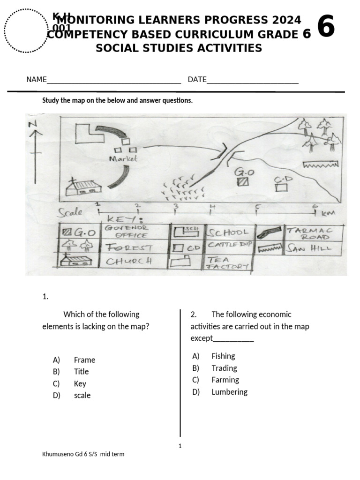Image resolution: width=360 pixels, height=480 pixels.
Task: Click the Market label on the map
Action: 123,159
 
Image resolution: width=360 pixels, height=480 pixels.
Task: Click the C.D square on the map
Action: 281,187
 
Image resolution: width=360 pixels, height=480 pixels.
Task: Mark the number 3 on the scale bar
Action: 176,206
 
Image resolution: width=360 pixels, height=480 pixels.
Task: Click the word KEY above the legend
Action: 122,219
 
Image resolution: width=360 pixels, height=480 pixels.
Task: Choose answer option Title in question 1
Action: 81,372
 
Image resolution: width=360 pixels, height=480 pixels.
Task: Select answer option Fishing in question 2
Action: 223,356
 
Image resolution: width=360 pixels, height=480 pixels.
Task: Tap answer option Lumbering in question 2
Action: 229,392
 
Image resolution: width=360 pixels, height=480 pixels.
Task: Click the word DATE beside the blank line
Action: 197,80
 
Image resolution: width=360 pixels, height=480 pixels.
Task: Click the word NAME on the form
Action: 36,80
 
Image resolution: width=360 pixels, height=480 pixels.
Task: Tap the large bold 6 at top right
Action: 326,27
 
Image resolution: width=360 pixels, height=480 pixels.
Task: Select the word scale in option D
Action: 82,396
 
